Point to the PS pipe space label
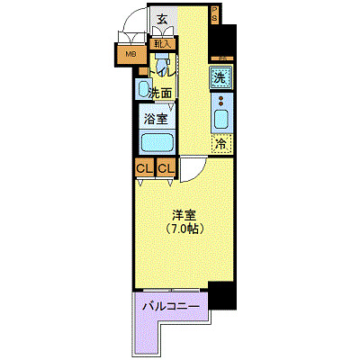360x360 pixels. coord(215,16)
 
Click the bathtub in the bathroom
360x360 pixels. coord(157,143)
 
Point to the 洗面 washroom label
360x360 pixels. coord(160,94)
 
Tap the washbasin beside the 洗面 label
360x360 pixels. coord(144,88)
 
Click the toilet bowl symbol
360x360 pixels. coord(163,68)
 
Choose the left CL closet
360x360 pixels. coord(144,168)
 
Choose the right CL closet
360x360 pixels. coord(166,168)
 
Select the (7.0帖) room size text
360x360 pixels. coord(185,230)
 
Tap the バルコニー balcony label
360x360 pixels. coord(171,306)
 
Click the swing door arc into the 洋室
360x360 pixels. coord(192,169)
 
